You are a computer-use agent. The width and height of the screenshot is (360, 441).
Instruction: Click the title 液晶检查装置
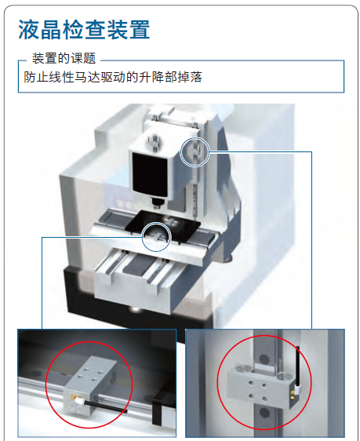click(x=84, y=29)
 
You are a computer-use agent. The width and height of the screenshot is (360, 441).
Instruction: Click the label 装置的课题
click(x=64, y=58)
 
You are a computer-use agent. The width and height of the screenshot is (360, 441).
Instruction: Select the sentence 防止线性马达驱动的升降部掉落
click(x=113, y=77)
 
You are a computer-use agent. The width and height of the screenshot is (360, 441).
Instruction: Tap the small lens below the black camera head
click(x=157, y=202)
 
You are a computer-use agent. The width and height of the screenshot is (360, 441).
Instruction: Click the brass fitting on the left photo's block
click(x=73, y=397)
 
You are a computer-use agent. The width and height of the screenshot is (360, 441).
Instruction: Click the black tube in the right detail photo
click(x=297, y=366)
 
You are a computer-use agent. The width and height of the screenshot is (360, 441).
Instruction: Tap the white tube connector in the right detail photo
click(x=296, y=389)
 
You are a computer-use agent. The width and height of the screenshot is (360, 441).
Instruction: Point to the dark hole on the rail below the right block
click(x=264, y=414)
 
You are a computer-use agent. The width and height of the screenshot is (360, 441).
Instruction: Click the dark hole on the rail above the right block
click(x=264, y=359)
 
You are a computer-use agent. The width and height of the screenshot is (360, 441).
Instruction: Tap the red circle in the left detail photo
click(x=45, y=385)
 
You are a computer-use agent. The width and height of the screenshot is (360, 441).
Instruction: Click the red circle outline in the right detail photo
click(x=218, y=382)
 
